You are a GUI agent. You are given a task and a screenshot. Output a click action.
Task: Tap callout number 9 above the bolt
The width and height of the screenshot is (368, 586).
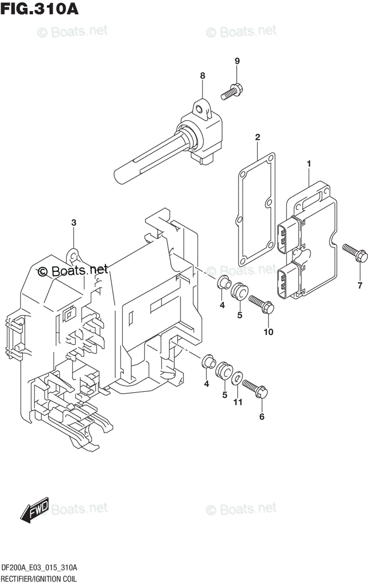pyautogui.click(x=237, y=61)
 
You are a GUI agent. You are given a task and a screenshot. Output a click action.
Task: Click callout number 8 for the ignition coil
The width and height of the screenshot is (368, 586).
pyautogui.click(x=202, y=75)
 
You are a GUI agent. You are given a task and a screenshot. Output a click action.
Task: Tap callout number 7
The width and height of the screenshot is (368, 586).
pyautogui.click(x=360, y=285)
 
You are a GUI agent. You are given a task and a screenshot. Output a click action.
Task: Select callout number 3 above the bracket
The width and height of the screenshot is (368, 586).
pyautogui.click(x=74, y=223)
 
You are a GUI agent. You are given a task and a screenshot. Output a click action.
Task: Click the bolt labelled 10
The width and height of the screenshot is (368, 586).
pyautogui.click(x=262, y=304)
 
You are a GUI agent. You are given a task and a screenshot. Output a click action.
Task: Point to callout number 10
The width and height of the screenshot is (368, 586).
pyautogui.click(x=268, y=332)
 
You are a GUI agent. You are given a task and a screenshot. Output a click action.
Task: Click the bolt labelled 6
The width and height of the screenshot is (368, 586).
pyautogui.click(x=254, y=389)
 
